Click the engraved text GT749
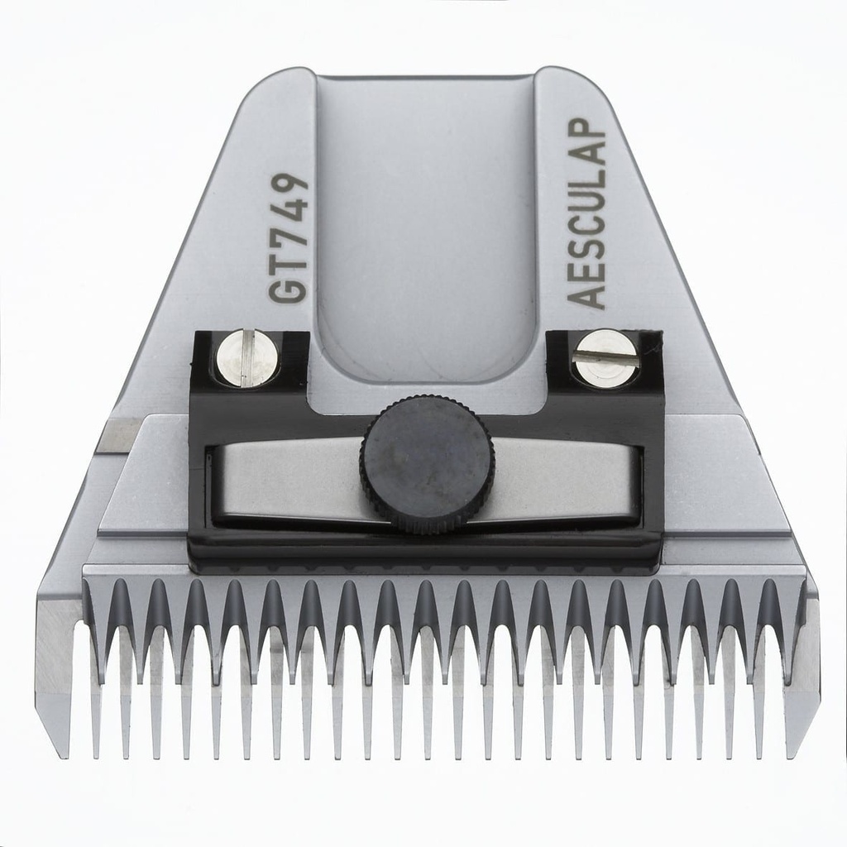[x=290, y=238]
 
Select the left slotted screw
[x=246, y=357]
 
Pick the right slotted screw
[x=606, y=357]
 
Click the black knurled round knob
[x=427, y=463]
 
